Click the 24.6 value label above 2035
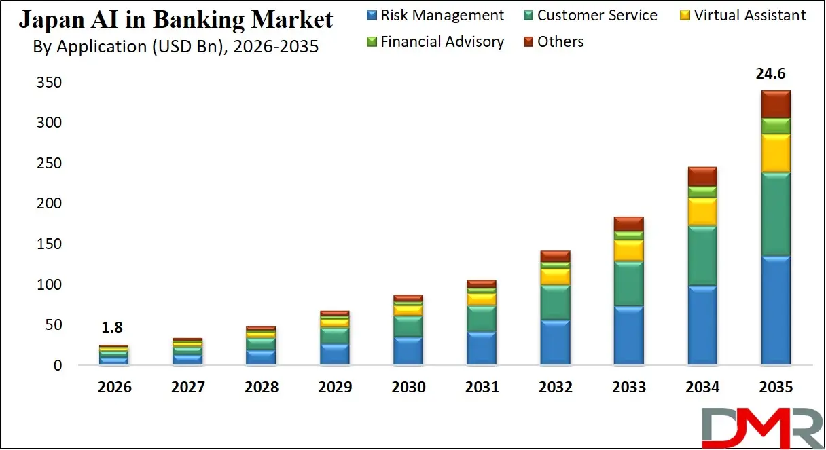[776, 74]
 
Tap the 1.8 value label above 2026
[112, 328]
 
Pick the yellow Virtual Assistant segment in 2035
[776, 153]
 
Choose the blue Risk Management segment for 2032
[555, 343]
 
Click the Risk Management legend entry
[435, 15]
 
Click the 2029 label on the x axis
[334, 388]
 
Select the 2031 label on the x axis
[482, 388]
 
